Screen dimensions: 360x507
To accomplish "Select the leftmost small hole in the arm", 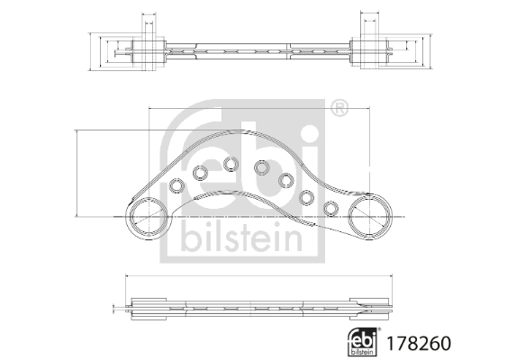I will tap(178, 186).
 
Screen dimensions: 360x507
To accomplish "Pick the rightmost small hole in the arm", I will tap(330, 209).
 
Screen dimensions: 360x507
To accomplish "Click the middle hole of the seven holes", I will tap(262, 167).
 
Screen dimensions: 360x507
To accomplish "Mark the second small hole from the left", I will tap(200, 172).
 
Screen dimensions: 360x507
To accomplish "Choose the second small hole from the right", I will tap(307, 196).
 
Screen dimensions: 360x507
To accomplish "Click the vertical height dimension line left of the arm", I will tap(78, 173).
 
